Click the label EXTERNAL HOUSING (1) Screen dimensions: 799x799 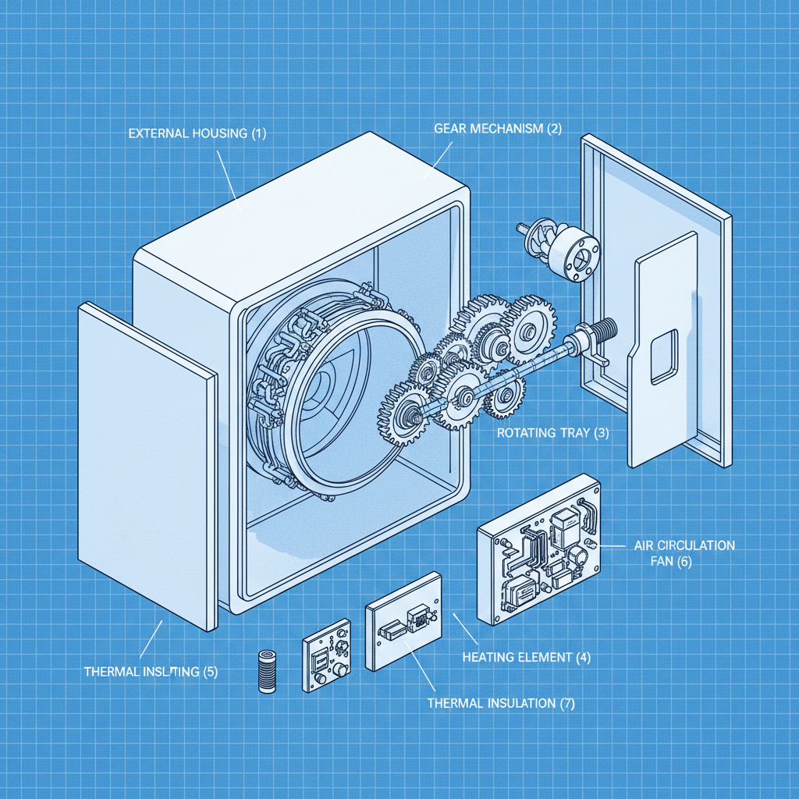tap(197, 133)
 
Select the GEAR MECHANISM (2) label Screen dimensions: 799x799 tap(497, 129)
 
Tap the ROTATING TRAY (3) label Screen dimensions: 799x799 tap(552, 432)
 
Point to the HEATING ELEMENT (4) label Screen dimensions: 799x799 tap(526, 657)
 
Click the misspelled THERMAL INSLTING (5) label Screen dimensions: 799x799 tap(150, 672)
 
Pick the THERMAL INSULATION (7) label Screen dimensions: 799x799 tap(501, 703)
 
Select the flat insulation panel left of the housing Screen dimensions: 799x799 tap(147, 467)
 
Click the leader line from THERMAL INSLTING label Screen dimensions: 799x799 tap(151, 638)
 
